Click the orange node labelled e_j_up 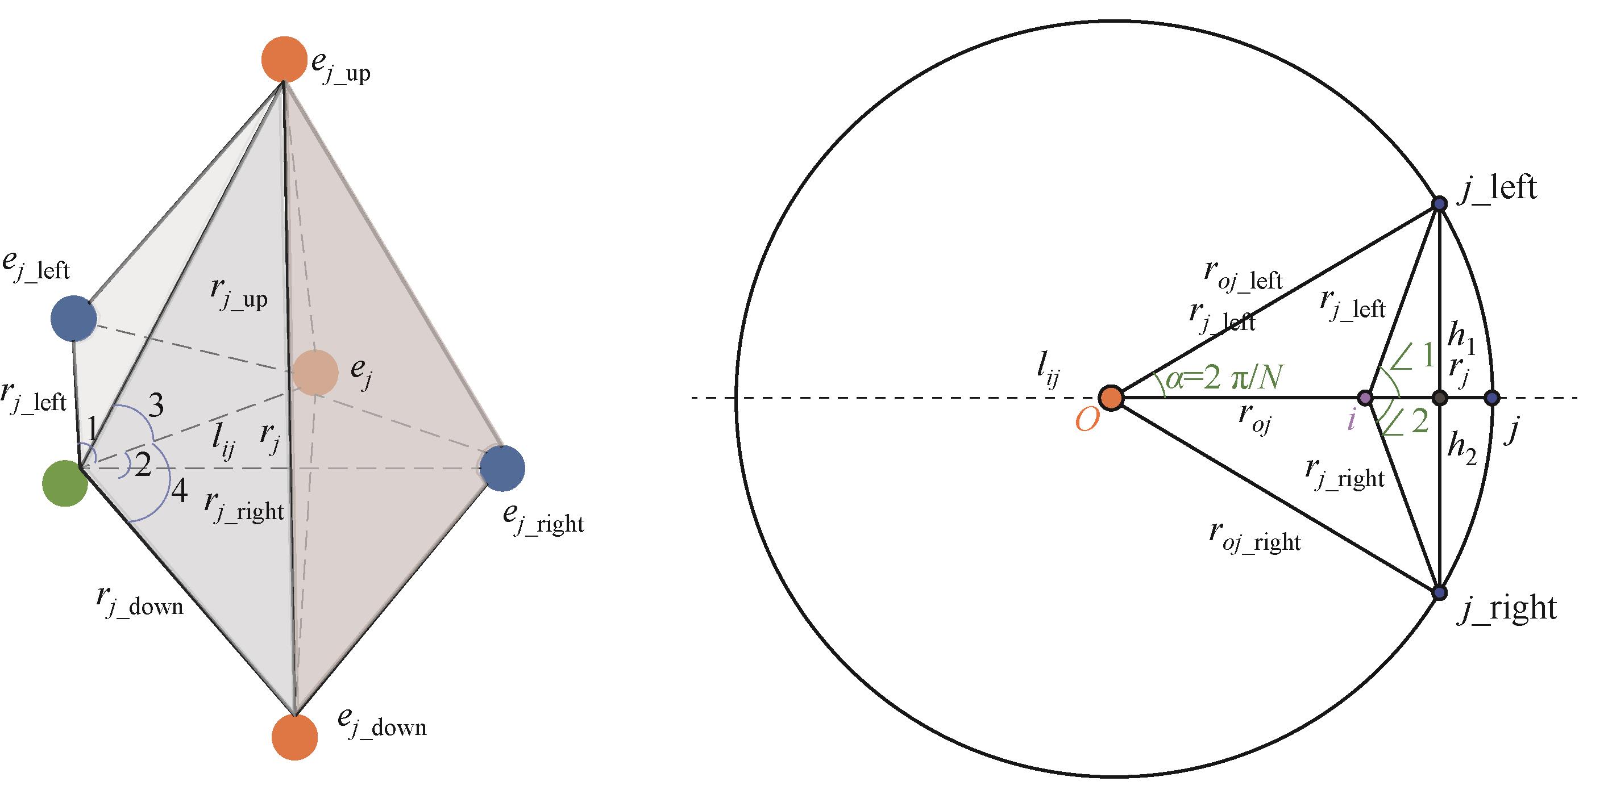pos(284,59)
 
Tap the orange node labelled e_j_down pos(294,737)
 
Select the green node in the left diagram pos(65,483)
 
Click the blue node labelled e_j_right pos(502,468)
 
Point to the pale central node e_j pos(315,373)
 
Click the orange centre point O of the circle pos(1111,398)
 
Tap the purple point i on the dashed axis pos(1365,398)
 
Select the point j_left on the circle pos(1439,204)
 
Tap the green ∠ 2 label pos(1406,423)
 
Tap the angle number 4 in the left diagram pos(179,493)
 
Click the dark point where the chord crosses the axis pos(1439,398)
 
